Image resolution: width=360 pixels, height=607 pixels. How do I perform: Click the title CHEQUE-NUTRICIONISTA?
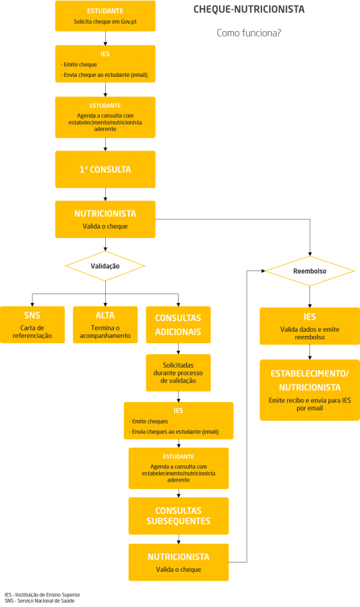tap(249, 9)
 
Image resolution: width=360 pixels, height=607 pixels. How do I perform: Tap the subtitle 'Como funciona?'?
tap(249, 33)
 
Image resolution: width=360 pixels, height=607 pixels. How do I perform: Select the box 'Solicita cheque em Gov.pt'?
tap(105, 16)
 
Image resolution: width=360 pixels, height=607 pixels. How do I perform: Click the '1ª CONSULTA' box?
tap(105, 169)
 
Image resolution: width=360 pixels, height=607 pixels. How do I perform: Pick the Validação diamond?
tap(105, 266)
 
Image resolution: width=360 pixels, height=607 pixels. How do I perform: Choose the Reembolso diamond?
tap(309, 271)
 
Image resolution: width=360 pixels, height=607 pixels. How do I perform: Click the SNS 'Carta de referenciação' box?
tap(32, 325)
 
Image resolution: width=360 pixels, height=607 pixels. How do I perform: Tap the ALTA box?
tap(105, 325)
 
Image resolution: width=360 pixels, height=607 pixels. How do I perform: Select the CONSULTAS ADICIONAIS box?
tap(178, 325)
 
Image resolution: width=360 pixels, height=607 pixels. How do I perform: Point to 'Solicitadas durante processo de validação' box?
tap(178, 373)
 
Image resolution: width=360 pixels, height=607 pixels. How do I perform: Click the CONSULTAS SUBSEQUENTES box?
tap(179, 516)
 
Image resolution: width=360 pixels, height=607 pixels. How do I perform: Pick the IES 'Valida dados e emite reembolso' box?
tap(309, 326)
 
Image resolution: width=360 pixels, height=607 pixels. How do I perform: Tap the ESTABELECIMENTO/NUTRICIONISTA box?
tap(309, 391)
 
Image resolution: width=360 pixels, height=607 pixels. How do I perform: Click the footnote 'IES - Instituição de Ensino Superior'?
tap(42, 595)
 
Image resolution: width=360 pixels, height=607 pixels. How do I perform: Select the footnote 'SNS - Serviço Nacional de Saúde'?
tap(40, 601)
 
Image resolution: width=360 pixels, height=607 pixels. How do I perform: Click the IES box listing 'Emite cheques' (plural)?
tap(179, 421)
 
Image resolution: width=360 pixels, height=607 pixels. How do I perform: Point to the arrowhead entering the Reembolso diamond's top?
tap(309, 254)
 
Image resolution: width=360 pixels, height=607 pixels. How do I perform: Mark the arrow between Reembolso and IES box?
tap(309, 297)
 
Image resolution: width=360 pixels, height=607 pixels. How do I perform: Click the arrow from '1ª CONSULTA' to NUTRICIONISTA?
tap(105, 195)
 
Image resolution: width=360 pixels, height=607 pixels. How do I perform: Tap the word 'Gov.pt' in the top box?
tap(129, 22)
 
